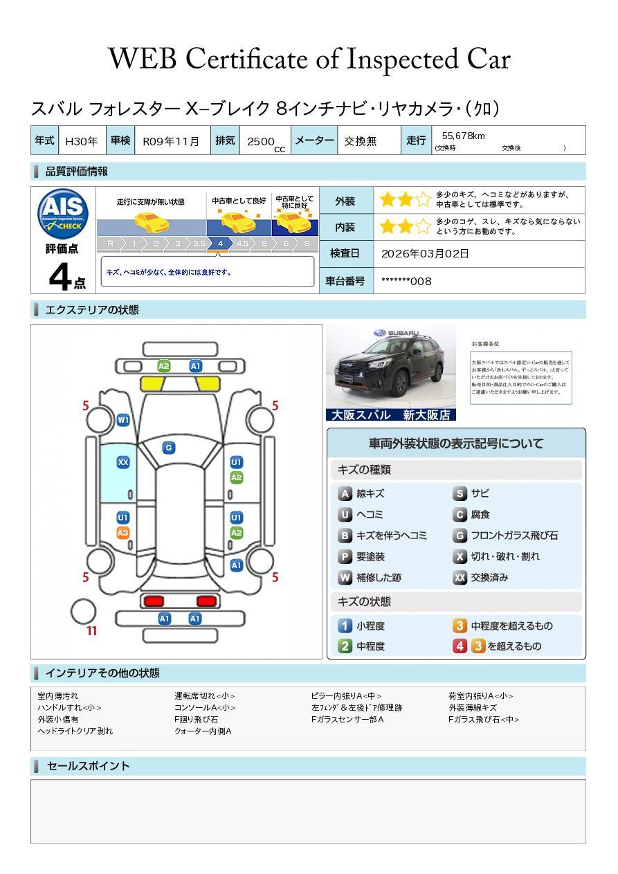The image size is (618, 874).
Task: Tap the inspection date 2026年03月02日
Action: coord(425,254)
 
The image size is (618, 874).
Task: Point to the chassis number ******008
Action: coord(406,281)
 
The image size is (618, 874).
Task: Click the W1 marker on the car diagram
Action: coord(123,420)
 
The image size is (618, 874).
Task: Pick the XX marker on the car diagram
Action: coord(123,462)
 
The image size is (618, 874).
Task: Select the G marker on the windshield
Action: coord(168,448)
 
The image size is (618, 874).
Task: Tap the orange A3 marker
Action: coord(123,533)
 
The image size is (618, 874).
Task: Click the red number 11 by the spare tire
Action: coord(91,631)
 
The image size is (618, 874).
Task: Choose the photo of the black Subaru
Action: coord(391,367)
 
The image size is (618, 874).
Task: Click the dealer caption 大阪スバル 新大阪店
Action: coord(391,415)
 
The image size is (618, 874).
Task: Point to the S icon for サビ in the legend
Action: coord(460,494)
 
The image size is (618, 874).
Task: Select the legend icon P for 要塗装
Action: coord(345,557)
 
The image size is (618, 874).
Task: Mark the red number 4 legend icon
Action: coord(460,646)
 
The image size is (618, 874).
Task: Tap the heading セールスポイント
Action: coord(88,766)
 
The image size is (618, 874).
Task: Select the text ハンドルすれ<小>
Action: coord(69,708)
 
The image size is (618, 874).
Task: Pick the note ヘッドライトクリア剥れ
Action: coord(75,731)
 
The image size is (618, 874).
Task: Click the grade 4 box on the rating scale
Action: coord(220,244)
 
